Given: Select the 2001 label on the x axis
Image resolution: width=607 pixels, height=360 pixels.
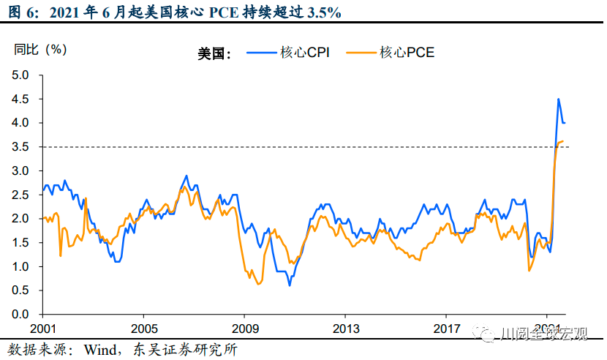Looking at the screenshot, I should tap(43, 328).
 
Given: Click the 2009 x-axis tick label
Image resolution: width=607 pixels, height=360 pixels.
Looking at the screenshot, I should tap(245, 328).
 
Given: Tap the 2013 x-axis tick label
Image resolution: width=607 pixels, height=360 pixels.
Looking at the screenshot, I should tap(346, 328).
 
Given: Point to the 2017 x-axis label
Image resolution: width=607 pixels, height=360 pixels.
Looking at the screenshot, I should tap(447, 328).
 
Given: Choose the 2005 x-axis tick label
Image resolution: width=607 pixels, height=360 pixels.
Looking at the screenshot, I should tap(144, 328).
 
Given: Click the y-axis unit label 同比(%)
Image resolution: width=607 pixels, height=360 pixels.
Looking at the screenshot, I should tap(40, 50).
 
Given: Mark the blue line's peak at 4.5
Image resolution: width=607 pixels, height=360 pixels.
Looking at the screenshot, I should tap(559, 99).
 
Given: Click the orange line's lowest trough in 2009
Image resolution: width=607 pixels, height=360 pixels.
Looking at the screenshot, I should tap(259, 284).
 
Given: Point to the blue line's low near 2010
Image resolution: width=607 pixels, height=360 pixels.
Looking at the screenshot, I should tap(290, 285).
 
